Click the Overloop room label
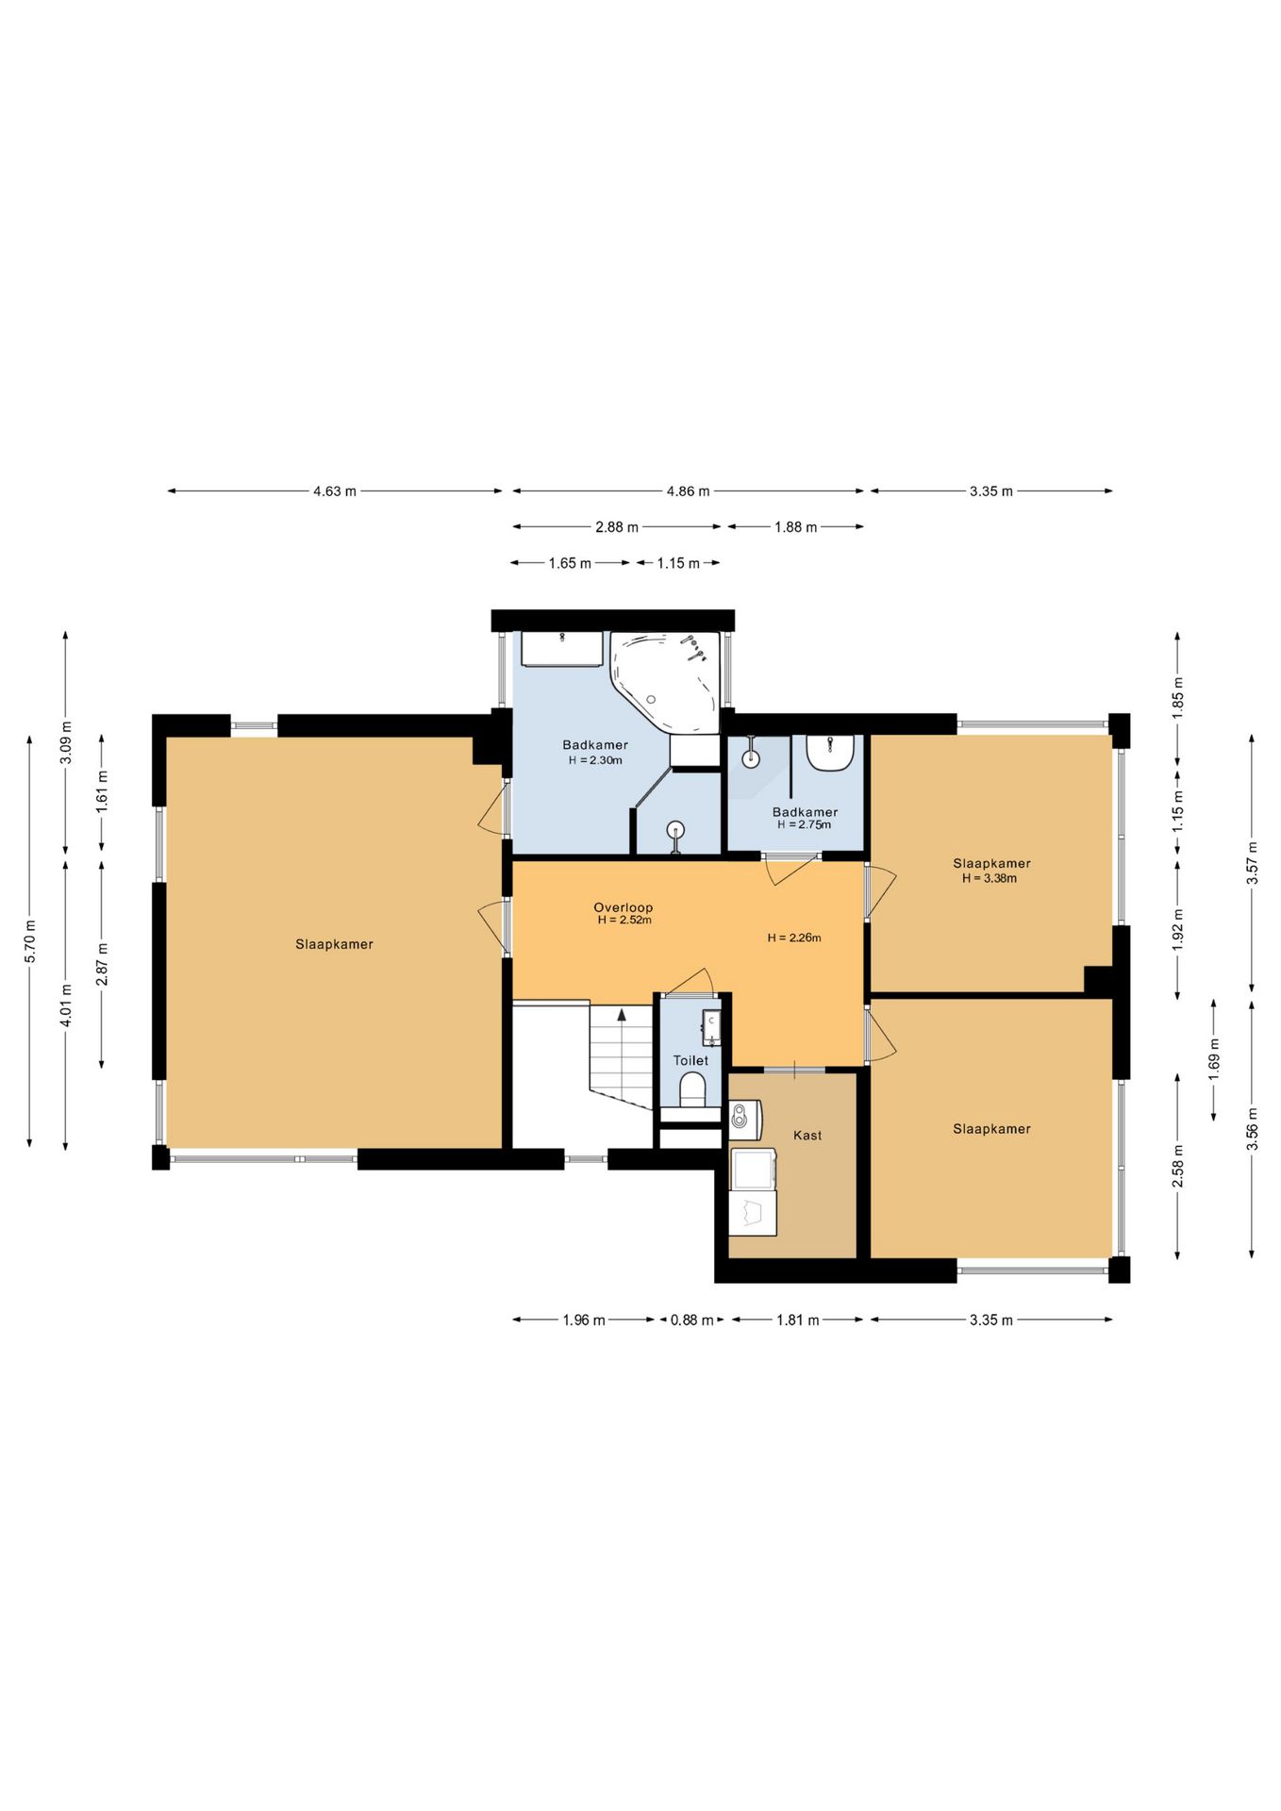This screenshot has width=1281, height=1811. coord(623,907)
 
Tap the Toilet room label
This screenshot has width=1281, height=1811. coord(690,1060)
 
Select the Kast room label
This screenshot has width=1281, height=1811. coord(807,1135)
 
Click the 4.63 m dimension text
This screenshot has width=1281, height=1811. coord(335,491)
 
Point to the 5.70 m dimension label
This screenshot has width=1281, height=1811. coord(30,940)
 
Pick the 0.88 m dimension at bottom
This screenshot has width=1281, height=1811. coord(691,1320)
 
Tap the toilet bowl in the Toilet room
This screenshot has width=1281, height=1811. coord(693,1089)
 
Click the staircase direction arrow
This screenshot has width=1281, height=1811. coord(622,1014)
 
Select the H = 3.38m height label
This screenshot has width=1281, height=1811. coord(990,878)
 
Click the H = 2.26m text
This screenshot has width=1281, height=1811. coord(794,938)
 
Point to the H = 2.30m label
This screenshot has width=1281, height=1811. coord(595,759)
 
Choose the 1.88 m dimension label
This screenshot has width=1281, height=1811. coord(795,527)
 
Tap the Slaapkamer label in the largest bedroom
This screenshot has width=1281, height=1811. coord(334,944)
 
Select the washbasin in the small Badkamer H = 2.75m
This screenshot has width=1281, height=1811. coord(830,753)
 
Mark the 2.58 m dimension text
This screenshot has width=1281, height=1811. coord(1178,1166)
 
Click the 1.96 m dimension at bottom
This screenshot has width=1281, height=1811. coord(584,1320)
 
